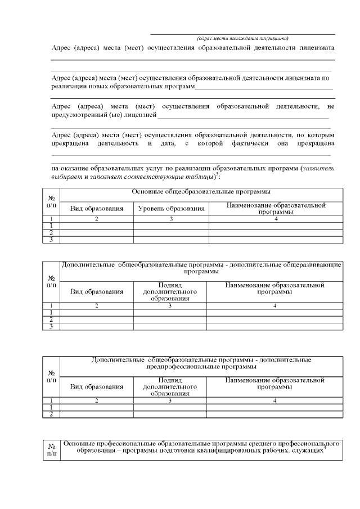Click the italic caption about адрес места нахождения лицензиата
[x=242, y=38]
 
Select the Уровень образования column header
[x=171, y=209]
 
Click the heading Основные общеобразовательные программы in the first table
[x=201, y=192]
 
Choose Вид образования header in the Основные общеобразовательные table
[x=96, y=209]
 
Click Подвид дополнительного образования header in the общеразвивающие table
[x=170, y=292]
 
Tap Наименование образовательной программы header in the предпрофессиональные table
[x=274, y=384]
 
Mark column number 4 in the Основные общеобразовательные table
[x=276, y=219]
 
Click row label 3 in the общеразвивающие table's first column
[x=51, y=326]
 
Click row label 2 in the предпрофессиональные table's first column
[x=51, y=415]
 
